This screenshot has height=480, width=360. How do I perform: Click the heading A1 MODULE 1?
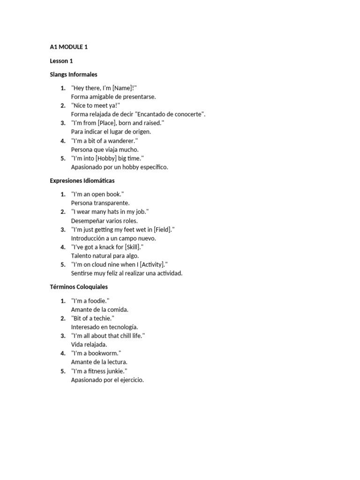point(69,47)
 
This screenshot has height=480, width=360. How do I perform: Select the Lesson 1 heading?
point(61,60)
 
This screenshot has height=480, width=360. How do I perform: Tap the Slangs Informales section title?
point(74,74)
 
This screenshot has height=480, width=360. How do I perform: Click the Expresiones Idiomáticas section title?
point(82,180)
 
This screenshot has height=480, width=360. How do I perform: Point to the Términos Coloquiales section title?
point(79,286)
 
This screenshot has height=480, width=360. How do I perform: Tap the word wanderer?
point(123,141)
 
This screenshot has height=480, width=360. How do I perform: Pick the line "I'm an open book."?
point(97,194)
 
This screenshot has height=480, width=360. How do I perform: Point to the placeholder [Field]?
point(164,229)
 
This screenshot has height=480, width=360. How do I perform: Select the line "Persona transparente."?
point(100,203)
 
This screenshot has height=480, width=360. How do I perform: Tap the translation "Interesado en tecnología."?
point(105,327)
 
